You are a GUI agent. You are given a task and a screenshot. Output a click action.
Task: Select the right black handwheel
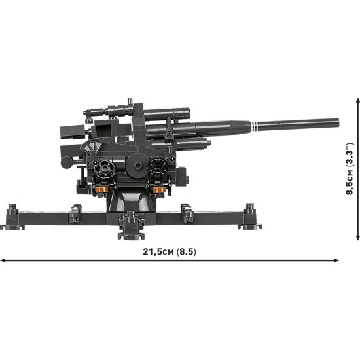pos(156,170)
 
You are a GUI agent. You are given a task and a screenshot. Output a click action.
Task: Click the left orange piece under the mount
pos(101,190)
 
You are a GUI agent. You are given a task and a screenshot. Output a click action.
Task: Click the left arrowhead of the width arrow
pos(3,261)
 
